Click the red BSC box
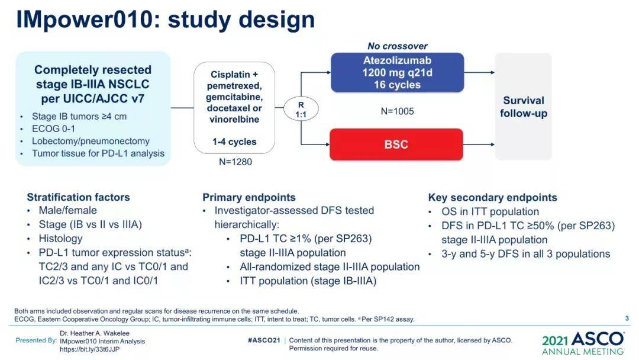[x=396, y=144]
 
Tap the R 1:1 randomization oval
[x=301, y=109]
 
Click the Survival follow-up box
[x=523, y=107]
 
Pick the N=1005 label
[x=397, y=111]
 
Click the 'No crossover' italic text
[x=397, y=46]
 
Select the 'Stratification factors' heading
[x=78, y=197]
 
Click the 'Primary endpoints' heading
[x=248, y=197]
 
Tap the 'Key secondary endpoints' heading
[x=492, y=197]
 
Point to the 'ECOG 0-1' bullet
[x=53, y=128]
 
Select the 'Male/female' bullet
[x=67, y=210]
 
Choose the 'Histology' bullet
[x=60, y=239]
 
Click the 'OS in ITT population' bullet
[x=490, y=211]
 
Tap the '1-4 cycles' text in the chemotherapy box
[x=234, y=142]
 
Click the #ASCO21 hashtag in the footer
[x=263, y=340]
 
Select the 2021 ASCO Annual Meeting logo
[x=582, y=343]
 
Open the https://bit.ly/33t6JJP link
[x=89, y=349]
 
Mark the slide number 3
[x=627, y=319]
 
